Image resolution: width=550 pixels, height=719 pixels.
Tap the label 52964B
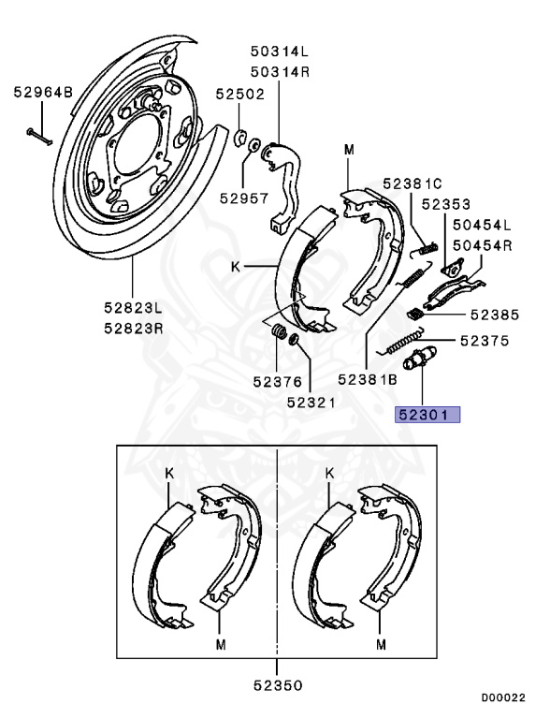42,92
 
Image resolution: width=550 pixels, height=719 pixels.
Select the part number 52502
240,94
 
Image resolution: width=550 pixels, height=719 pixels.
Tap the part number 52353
445,203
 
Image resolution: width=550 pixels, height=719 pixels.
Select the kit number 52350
278,685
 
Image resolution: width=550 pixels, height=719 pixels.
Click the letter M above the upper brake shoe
349,150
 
